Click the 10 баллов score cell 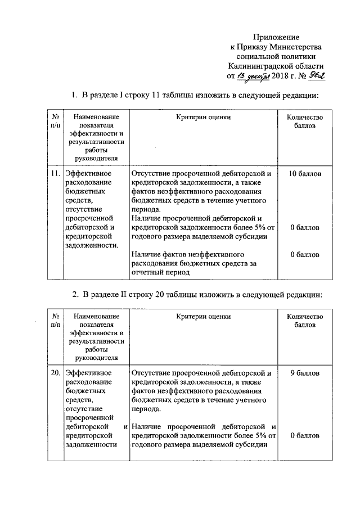[305, 174]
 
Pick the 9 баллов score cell [305, 372]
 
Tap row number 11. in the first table [55, 174]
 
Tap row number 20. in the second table [55, 372]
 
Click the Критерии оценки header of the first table [203, 118]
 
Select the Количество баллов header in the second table [305, 321]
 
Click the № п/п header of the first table [55, 122]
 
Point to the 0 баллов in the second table [305, 435]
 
